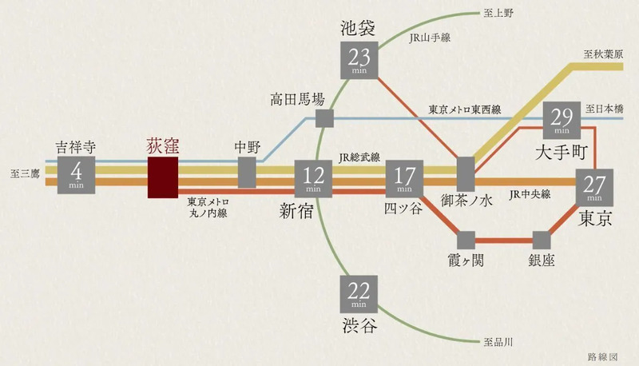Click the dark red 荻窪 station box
pos(163,177)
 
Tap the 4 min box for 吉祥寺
pos(76,175)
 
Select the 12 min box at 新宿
pos(313,179)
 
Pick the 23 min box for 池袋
pos(359,60)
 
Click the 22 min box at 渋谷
pos(359,294)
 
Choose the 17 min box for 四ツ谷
pos(404,179)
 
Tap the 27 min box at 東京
pos(594,188)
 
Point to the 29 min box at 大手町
pos(562,120)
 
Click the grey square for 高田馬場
pos(324,118)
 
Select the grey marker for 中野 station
pos(247,173)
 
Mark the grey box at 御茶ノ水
pos(466,174)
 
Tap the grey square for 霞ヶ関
pos(466,241)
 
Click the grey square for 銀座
pos(542,241)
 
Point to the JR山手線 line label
pos(430,38)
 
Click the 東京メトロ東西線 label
pos(465,109)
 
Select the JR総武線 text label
pos(359,157)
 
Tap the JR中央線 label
pos(530,194)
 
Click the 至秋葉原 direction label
pos(603,54)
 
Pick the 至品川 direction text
pos(498,342)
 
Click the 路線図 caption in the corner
pos(603,357)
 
